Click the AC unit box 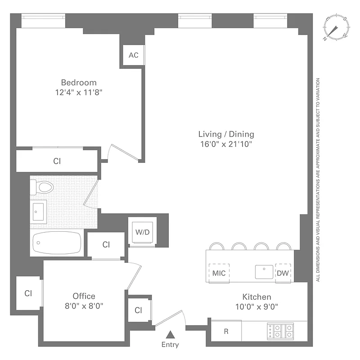pos(134,55)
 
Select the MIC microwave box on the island pos(219,273)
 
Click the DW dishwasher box pos(283,273)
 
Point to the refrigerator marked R pos(226,332)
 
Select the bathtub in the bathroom pos(56,243)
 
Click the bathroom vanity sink pos(39,211)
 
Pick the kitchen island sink pos(263,272)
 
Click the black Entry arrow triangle pos(171,334)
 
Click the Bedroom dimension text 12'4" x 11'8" pos(79,93)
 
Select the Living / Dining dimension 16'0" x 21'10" pos(226,144)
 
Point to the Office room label pos(84,296)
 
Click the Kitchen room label pos(257,297)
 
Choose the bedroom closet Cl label pos(57,161)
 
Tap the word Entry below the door pos(170,345)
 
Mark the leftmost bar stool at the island pos(217,246)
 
